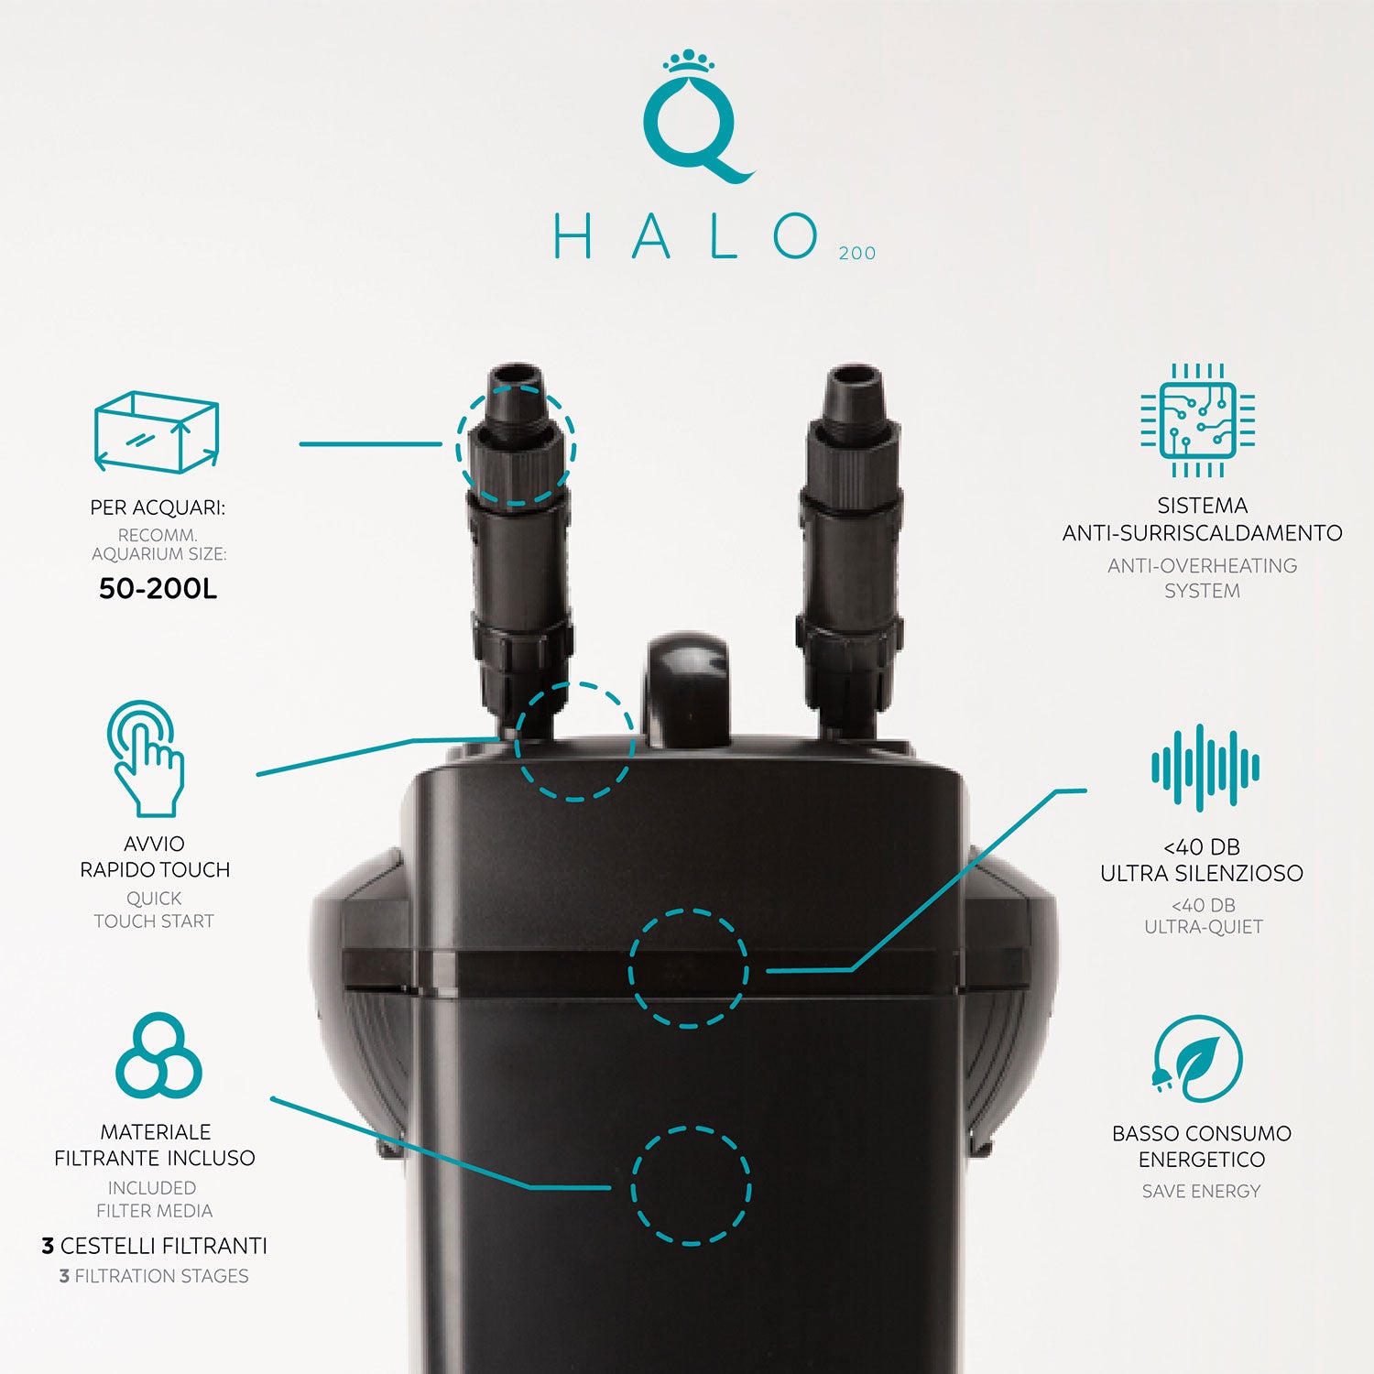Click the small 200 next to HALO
(x=857, y=253)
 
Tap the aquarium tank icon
(x=157, y=431)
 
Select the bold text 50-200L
(x=158, y=588)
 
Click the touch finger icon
(x=145, y=758)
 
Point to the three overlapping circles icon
(x=158, y=1054)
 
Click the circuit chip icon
(x=1197, y=420)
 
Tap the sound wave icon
(x=1205, y=768)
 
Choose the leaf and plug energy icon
(x=1196, y=1058)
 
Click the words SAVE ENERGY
(x=1201, y=1191)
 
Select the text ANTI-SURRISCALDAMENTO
(x=1202, y=532)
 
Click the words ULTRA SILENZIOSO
(x=1202, y=873)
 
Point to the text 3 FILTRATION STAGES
(x=154, y=1276)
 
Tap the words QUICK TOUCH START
(x=154, y=910)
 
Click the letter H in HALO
(x=573, y=236)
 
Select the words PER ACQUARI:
(x=158, y=507)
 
